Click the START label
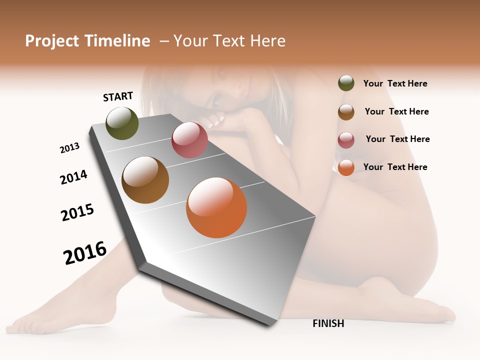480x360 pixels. [118, 96]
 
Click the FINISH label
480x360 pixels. [328, 323]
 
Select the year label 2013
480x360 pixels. [70, 148]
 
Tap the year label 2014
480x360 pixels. [73, 177]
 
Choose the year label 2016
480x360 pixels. [85, 252]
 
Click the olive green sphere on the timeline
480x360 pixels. [122, 123]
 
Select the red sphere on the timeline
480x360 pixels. [189, 140]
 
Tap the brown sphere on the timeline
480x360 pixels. [145, 180]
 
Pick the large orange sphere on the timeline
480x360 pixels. [216, 207]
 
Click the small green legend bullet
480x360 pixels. [346, 83]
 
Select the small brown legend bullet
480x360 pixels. [346, 112]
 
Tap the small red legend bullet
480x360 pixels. [346, 140]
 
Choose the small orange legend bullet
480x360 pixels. [346, 167]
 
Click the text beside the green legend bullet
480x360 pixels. [395, 83]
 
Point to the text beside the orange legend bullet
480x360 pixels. [395, 167]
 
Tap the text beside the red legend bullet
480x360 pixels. [397, 139]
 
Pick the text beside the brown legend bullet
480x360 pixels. [396, 111]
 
